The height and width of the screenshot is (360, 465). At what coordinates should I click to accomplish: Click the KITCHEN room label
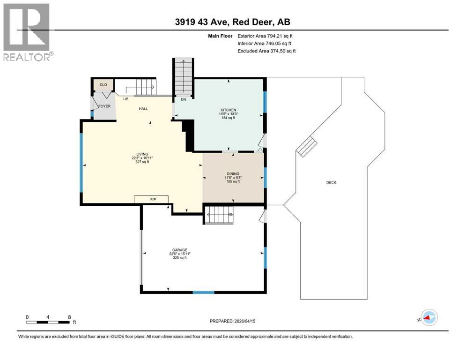[228, 110]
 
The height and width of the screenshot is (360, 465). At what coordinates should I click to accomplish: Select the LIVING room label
[142, 154]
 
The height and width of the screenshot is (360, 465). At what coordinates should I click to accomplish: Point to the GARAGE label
[178, 250]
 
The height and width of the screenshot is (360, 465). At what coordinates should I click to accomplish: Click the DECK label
[331, 183]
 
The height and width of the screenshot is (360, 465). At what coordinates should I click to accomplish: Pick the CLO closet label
[103, 85]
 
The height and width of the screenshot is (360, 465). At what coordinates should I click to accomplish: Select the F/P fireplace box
[152, 200]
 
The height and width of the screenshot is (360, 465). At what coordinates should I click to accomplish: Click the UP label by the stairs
[125, 99]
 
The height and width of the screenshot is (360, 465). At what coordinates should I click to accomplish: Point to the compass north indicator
[428, 318]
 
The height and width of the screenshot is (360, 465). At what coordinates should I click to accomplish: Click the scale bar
[49, 322]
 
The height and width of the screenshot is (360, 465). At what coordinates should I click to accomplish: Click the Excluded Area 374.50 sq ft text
[266, 51]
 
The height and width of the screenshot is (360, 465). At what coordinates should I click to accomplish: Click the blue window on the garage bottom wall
[204, 292]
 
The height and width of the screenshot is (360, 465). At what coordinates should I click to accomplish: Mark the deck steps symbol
[308, 147]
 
